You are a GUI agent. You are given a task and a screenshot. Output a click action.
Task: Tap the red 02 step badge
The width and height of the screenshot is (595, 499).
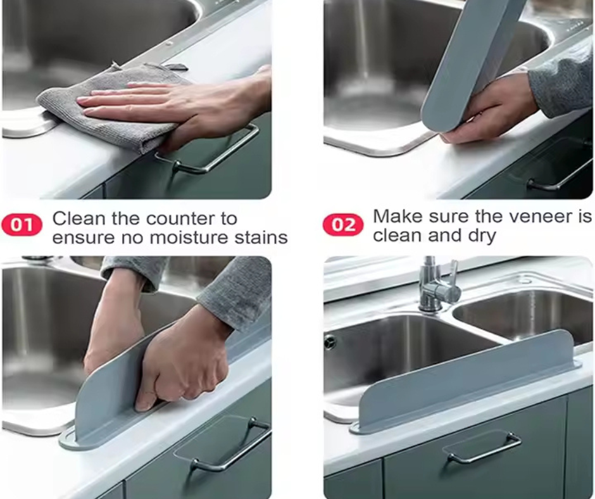tap(343, 225)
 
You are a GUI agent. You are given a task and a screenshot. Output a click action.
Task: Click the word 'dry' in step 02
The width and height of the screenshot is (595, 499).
tap(479, 236)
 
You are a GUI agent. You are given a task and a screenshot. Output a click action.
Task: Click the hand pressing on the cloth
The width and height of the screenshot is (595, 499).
tap(171, 101)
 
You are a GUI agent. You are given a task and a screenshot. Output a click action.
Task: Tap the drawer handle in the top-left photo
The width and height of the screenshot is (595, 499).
tap(209, 152)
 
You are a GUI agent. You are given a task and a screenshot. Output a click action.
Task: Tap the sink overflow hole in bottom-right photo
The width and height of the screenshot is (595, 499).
tap(330, 342)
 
